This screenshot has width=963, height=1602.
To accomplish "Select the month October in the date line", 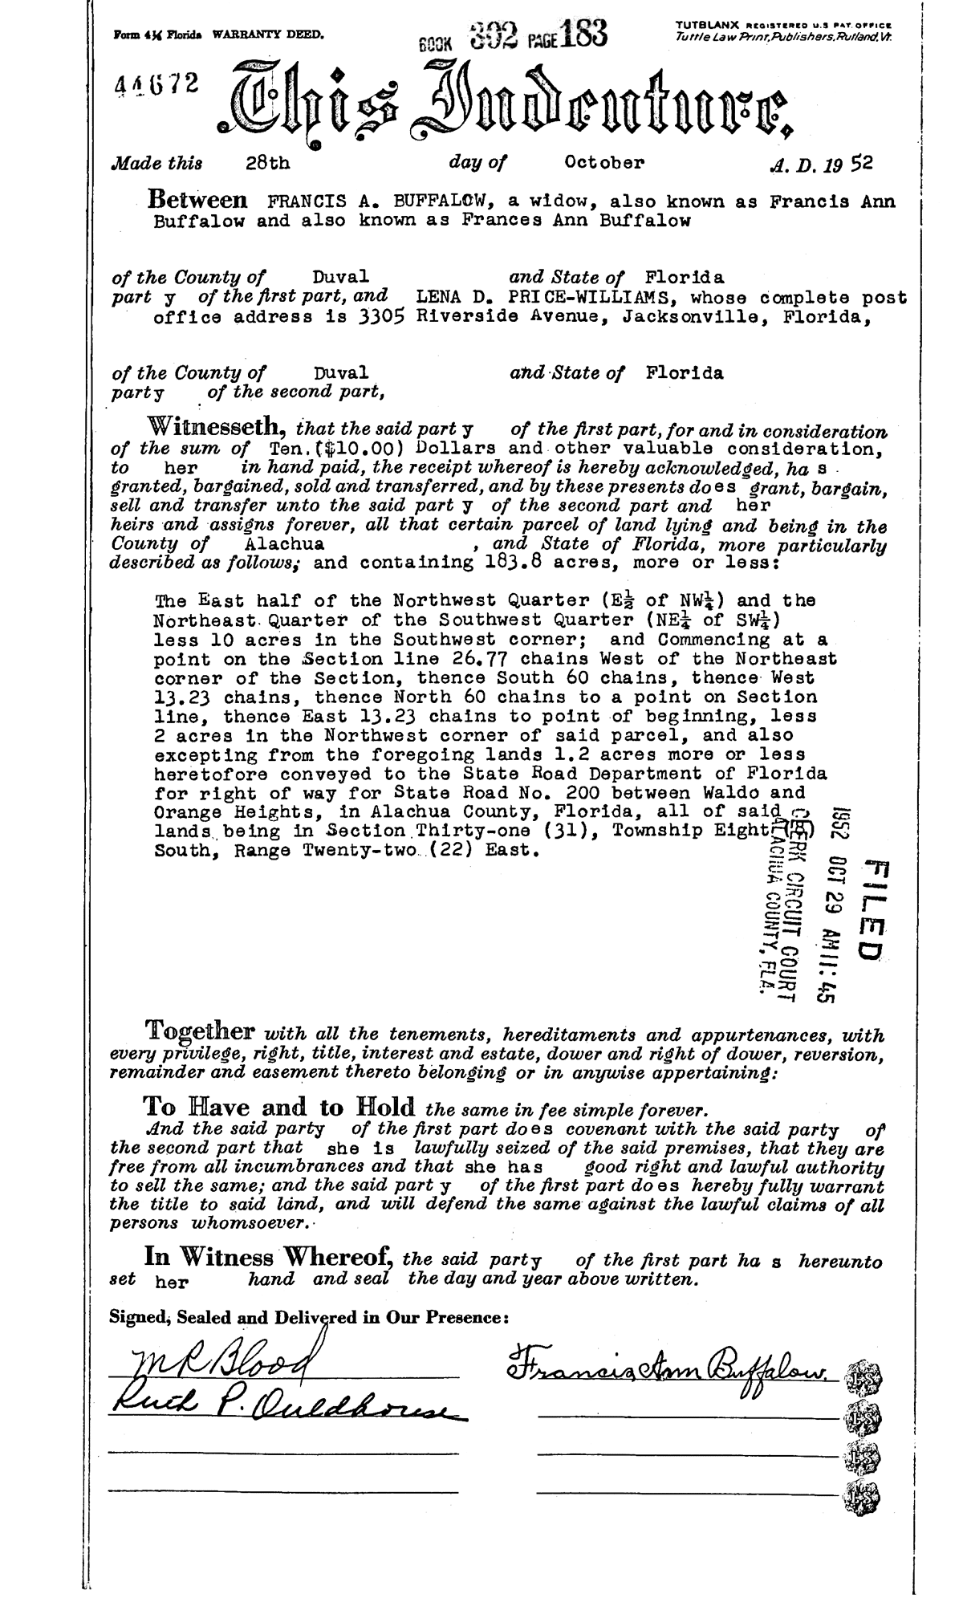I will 603,163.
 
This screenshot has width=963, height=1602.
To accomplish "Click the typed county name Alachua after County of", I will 282,543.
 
